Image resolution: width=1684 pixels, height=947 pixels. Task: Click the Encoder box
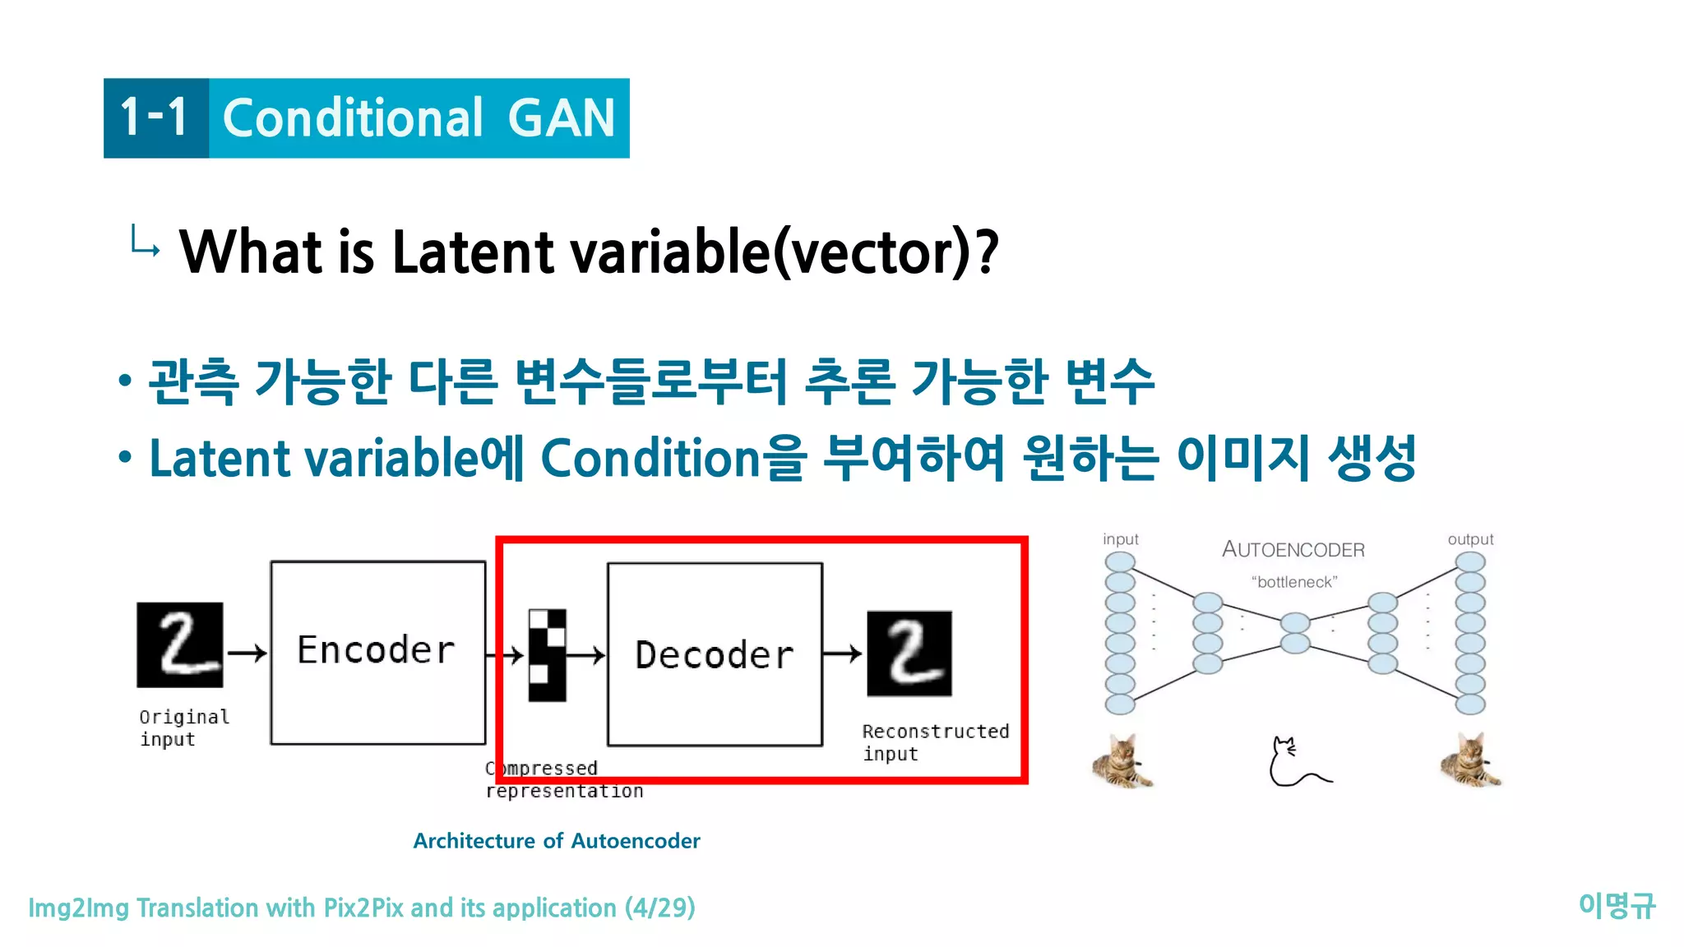click(x=377, y=653)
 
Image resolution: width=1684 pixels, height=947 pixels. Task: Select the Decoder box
click(x=715, y=654)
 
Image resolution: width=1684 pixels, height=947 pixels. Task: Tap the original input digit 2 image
click(x=179, y=644)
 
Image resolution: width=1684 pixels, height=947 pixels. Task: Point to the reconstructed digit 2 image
click(x=909, y=654)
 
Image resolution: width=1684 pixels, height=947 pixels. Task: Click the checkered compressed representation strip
click(x=547, y=655)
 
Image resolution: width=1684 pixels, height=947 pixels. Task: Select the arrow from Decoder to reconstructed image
click(x=843, y=654)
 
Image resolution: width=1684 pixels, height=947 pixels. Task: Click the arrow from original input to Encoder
click(x=247, y=653)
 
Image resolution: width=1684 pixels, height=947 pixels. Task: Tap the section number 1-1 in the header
click(x=155, y=118)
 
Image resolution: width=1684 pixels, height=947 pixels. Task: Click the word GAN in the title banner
click(x=562, y=118)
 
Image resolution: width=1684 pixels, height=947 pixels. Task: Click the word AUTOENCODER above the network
click(x=1293, y=549)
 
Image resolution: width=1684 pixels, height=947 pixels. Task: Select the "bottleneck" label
click(x=1294, y=582)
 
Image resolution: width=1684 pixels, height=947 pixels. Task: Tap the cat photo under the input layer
click(x=1122, y=761)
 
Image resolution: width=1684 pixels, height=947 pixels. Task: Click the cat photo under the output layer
click(x=1471, y=760)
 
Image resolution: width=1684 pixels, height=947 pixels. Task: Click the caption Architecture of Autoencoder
click(x=557, y=841)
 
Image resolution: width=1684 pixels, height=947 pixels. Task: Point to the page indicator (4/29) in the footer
click(x=659, y=908)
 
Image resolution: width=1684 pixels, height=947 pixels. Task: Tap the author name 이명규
click(x=1616, y=906)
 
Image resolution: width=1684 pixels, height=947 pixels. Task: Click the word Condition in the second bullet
click(x=650, y=458)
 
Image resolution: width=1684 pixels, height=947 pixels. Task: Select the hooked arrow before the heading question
click(x=145, y=241)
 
